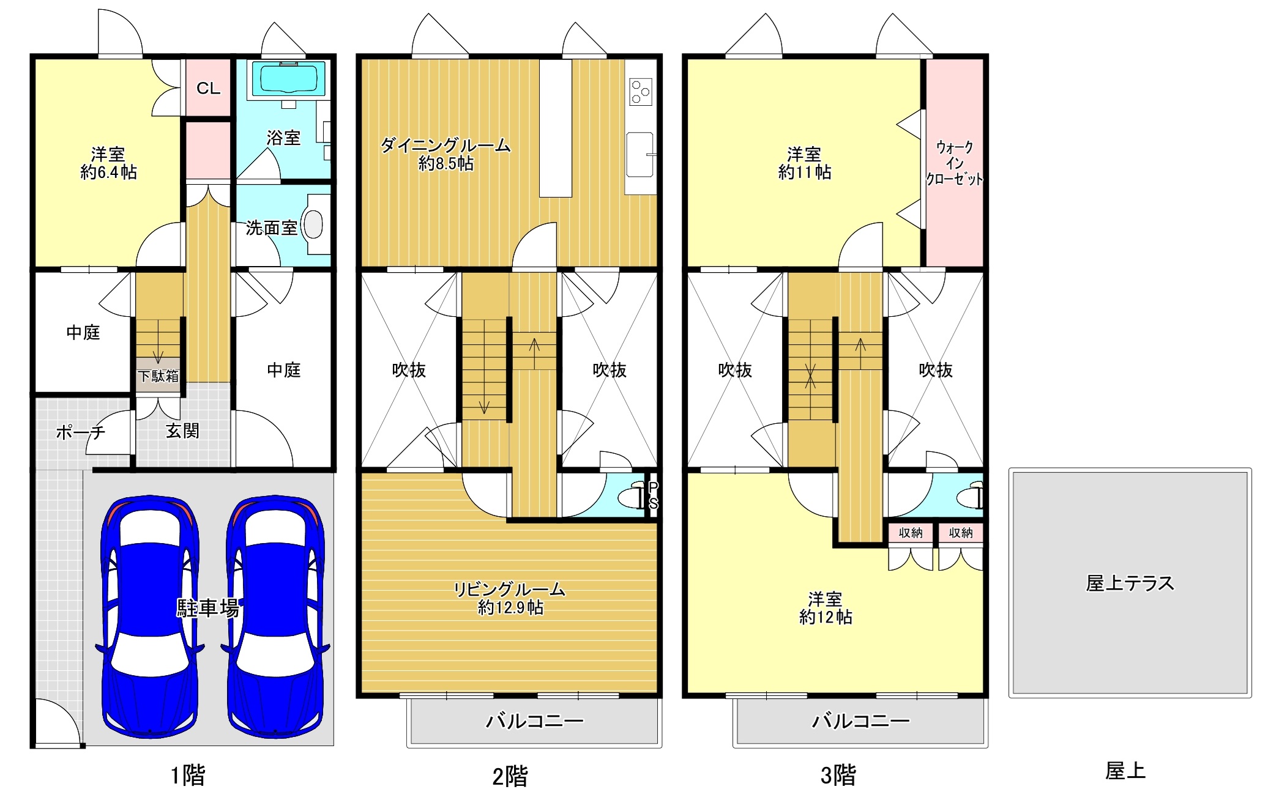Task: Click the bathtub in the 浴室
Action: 289,80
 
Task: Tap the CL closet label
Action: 208,89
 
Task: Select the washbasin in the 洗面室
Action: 313,224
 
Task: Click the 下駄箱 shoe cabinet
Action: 158,376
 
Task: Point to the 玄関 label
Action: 182,431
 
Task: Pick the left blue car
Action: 149,616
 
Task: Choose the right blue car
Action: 275,616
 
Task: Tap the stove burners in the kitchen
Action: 641,92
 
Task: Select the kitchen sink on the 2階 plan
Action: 640,155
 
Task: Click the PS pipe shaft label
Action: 653,495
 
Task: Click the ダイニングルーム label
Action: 445,146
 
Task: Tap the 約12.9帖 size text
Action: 510,607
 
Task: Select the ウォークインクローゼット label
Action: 954,163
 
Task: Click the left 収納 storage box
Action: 911,533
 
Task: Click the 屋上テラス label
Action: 1130,583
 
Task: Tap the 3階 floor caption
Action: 838,775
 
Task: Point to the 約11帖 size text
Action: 805,172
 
